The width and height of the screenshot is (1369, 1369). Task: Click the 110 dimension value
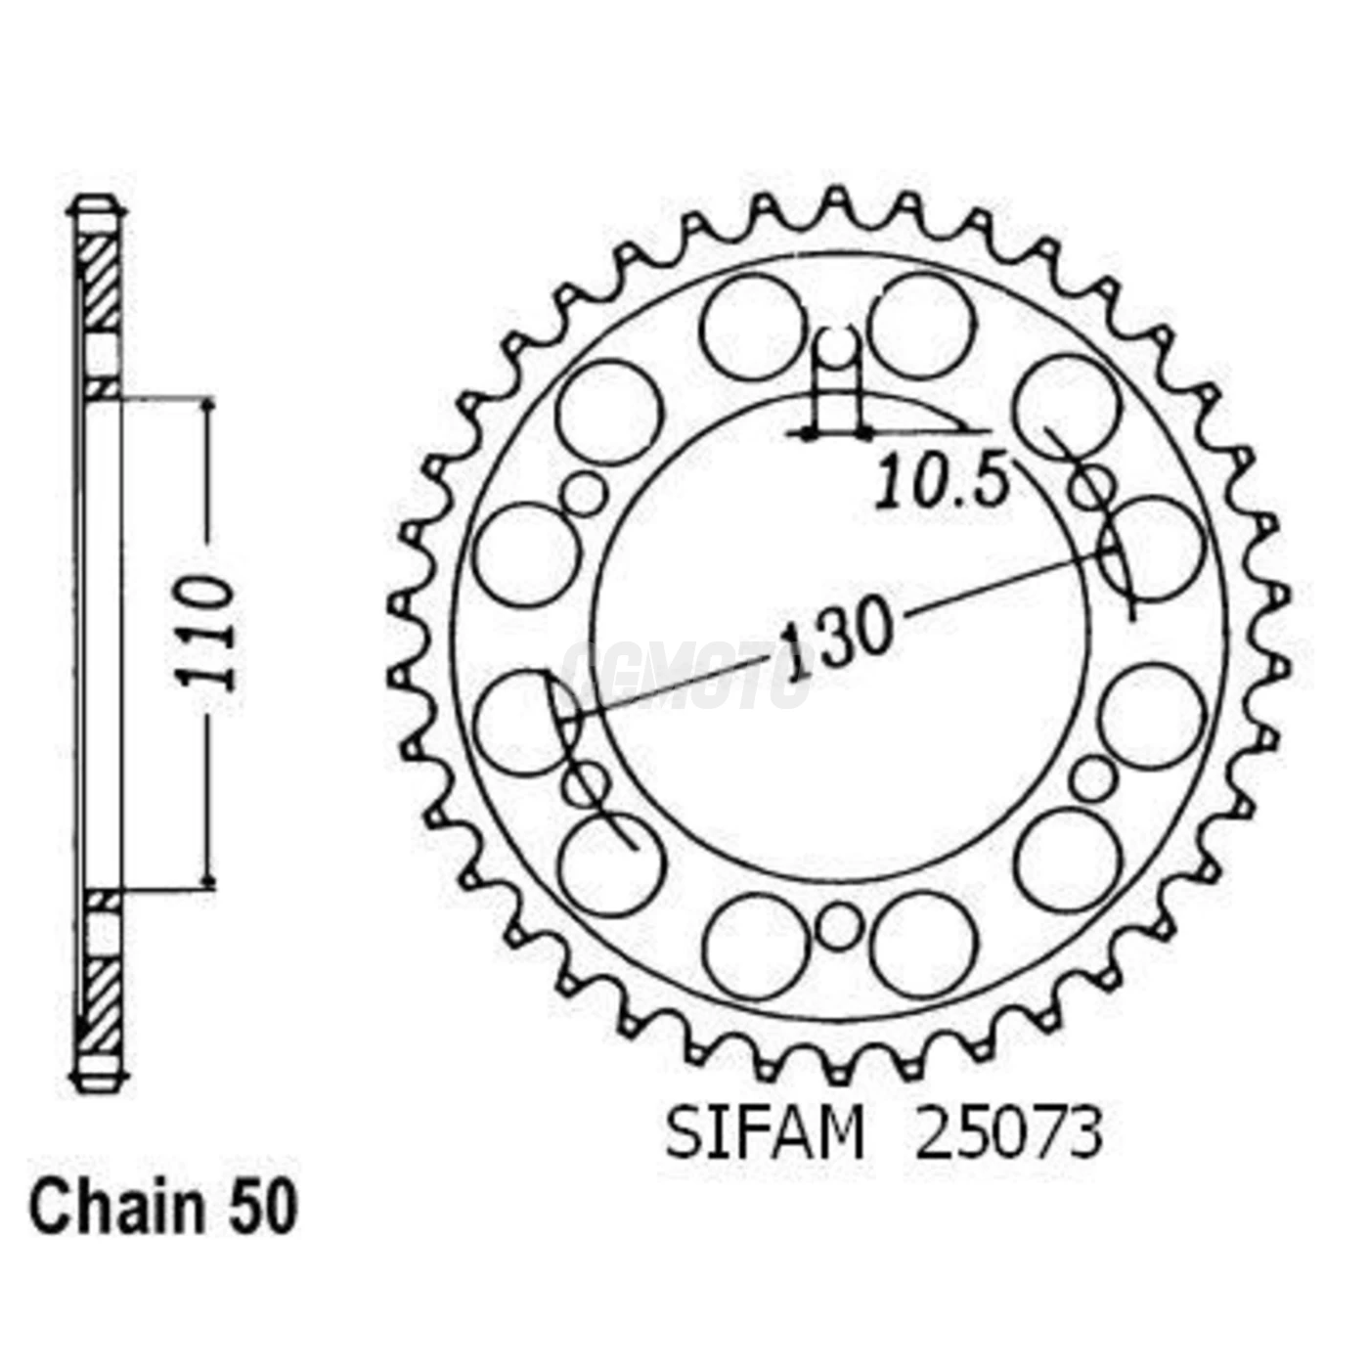[x=207, y=634]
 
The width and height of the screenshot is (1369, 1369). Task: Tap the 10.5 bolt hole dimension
[x=940, y=483]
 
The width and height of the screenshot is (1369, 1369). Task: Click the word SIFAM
[x=765, y=1134]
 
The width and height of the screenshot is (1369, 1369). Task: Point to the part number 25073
[x=1007, y=1134]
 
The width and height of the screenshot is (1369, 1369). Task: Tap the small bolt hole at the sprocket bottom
[x=838, y=926]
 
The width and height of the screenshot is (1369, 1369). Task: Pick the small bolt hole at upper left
[x=585, y=494]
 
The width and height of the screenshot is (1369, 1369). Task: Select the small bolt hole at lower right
[x=1092, y=778]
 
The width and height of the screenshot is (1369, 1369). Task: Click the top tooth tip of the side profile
[x=98, y=207]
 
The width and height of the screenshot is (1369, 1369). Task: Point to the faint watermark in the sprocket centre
[x=684, y=675]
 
